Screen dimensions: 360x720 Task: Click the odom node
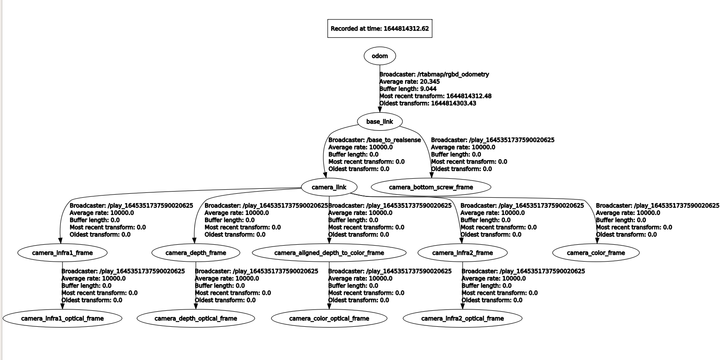pos(379,56)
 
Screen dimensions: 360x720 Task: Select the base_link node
pos(379,121)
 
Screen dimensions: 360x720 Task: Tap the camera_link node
pos(329,187)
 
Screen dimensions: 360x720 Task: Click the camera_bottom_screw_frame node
pos(431,187)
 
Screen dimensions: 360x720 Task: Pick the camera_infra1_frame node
pos(63,253)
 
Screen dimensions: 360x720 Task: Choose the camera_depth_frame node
pos(196,253)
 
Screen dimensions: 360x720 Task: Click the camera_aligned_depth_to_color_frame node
pos(329,253)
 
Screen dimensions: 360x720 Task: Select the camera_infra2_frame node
pos(462,253)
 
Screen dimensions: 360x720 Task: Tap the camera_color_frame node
pos(596,253)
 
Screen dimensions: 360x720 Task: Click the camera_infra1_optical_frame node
pos(63,318)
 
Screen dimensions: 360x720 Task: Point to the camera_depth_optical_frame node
pos(196,318)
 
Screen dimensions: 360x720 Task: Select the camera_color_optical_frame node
pos(329,318)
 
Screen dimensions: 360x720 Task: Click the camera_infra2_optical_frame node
pos(462,318)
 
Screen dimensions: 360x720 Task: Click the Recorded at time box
pos(379,29)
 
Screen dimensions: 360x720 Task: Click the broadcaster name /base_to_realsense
pos(393,140)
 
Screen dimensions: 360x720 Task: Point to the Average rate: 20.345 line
pos(403,82)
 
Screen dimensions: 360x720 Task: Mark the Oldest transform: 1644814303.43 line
pos(428,103)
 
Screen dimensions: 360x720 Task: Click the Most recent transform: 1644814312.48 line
pos(435,96)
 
